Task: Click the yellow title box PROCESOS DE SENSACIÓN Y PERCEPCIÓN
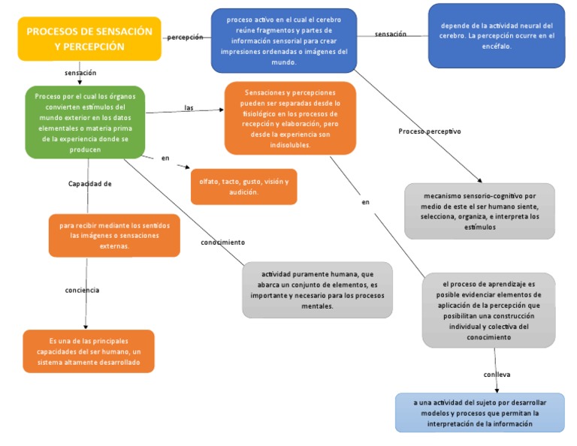pyautogui.click(x=89, y=39)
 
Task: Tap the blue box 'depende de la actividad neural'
pyautogui.click(x=497, y=35)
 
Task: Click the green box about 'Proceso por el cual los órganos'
pyautogui.click(x=85, y=122)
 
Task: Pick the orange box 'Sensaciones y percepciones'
pyautogui.click(x=290, y=118)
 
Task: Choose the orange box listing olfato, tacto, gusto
pyautogui.click(x=243, y=187)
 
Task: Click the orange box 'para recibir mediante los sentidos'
pyautogui.click(x=114, y=235)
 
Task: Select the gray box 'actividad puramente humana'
pyautogui.click(x=317, y=290)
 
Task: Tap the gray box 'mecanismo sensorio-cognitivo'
pyautogui.click(x=479, y=211)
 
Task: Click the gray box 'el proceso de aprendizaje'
pyautogui.click(x=488, y=310)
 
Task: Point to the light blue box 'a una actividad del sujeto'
pyautogui.click(x=479, y=412)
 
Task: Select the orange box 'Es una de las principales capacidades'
pyautogui.click(x=89, y=351)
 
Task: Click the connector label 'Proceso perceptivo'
pyautogui.click(x=429, y=131)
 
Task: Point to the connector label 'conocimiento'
pyautogui.click(x=222, y=243)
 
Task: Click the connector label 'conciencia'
pyautogui.click(x=83, y=290)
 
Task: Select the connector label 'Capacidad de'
pyautogui.click(x=90, y=184)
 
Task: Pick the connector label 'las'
pyautogui.click(x=189, y=108)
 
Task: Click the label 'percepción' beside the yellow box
pyautogui.click(x=185, y=37)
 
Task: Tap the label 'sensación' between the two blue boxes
pyautogui.click(x=391, y=34)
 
